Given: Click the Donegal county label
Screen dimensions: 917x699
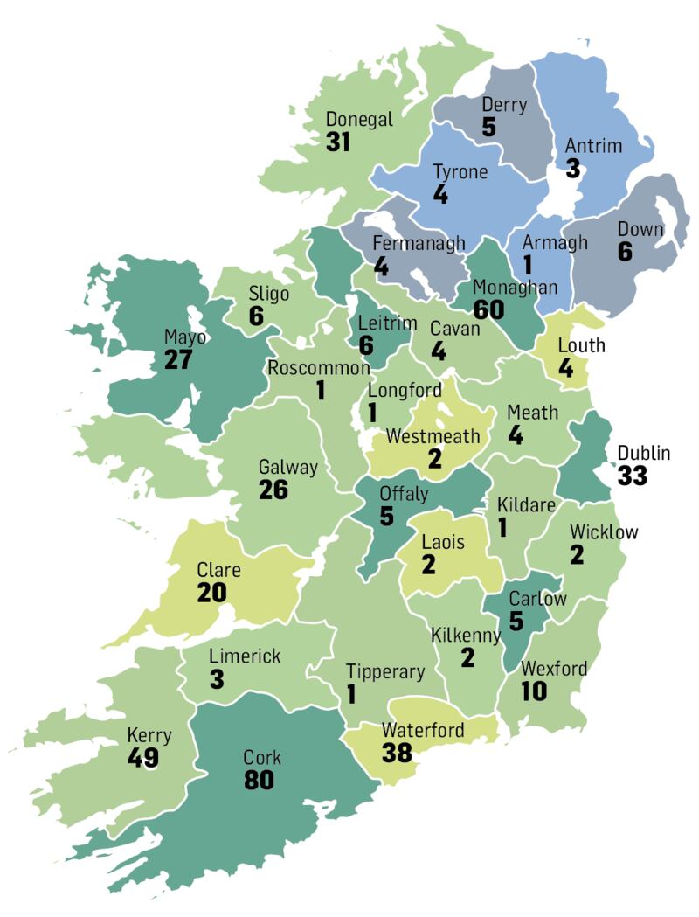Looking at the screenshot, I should click(x=359, y=120).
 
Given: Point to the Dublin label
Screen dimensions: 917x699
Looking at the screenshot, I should click(x=643, y=453).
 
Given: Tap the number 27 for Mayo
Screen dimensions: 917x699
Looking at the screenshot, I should click(x=180, y=359).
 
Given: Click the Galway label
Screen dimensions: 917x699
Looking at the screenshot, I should click(x=287, y=467).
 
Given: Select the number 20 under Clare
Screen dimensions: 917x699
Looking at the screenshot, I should click(x=211, y=593).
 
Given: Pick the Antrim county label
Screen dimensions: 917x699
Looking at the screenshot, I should click(x=594, y=145).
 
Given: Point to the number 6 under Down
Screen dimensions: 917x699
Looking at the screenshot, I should click(x=624, y=252).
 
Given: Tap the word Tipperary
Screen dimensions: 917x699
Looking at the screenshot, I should click(x=385, y=672).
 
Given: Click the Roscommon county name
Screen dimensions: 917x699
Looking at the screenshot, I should click(x=319, y=367).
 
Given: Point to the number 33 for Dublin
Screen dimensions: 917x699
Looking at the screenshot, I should click(x=633, y=476).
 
